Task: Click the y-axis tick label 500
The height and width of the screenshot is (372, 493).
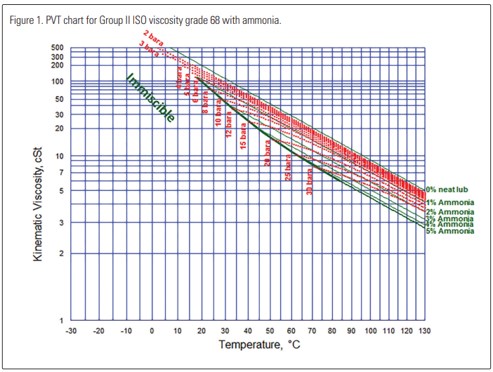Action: pyautogui.click(x=57, y=48)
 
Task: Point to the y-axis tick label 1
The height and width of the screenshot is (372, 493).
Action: pyautogui.click(x=61, y=321)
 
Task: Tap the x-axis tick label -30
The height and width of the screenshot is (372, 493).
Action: pyautogui.click(x=71, y=331)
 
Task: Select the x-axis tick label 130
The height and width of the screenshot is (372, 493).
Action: pyautogui.click(x=423, y=331)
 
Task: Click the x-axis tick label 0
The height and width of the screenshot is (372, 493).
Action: pyautogui.click(x=152, y=331)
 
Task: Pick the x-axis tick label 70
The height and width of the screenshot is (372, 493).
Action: pyautogui.click(x=313, y=331)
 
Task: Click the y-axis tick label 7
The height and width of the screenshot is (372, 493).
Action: pyautogui.click(x=61, y=173)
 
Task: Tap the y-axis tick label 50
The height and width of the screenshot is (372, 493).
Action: pyautogui.click(x=59, y=99)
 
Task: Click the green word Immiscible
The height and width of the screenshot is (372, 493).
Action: pyautogui.click(x=150, y=98)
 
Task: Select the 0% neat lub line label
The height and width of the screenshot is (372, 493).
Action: pyautogui.click(x=447, y=190)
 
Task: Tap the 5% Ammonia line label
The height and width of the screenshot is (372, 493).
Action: pyautogui.click(x=449, y=231)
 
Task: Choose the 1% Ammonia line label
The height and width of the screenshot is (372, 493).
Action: pyautogui.click(x=449, y=202)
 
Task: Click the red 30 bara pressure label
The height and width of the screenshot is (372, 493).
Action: pyautogui.click(x=309, y=181)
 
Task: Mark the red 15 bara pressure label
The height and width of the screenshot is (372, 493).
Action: pyautogui.click(x=243, y=135)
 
